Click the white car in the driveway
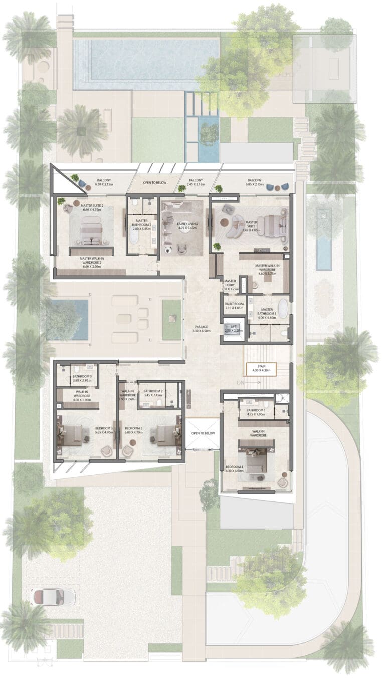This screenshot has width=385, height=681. coord(53,597)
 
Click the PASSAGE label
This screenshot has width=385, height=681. coord(202,329)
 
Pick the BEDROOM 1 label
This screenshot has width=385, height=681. coord(235,468)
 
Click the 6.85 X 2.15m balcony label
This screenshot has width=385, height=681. coord(254,182)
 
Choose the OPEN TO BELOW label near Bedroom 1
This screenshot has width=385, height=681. coord(203,433)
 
